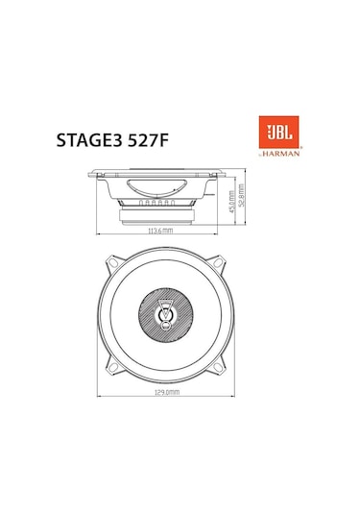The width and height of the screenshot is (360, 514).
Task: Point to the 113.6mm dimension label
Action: [x=159, y=232]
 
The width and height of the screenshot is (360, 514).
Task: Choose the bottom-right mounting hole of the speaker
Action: [x=222, y=368]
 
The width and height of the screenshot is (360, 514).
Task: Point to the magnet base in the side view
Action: [x=159, y=218]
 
